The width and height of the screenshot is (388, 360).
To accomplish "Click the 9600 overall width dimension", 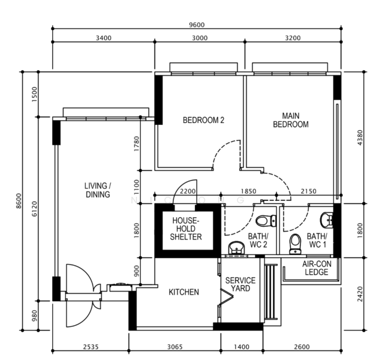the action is pyautogui.click(x=197, y=25).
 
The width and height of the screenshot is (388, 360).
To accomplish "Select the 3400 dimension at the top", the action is pyautogui.click(x=104, y=38).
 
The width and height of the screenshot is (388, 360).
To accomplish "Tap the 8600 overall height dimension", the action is pyautogui.click(x=19, y=201).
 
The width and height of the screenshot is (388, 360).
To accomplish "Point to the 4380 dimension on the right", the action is pyautogui.click(x=360, y=137).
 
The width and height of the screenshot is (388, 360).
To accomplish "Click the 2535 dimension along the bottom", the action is pyautogui.click(x=91, y=347).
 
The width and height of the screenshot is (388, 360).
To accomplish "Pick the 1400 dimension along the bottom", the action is pyautogui.click(x=242, y=347).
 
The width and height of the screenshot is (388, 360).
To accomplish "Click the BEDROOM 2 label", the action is pyautogui.click(x=203, y=120).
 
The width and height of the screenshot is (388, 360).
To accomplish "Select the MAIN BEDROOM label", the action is pyautogui.click(x=291, y=120).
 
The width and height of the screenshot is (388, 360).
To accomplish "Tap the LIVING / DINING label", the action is pyautogui.click(x=98, y=190).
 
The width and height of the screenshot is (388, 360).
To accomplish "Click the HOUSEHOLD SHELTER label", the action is pyautogui.click(x=186, y=229).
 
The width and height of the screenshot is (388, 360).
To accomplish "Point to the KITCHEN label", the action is pyautogui.click(x=184, y=292).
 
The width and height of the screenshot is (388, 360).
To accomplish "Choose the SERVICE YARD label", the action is pyautogui.click(x=240, y=284).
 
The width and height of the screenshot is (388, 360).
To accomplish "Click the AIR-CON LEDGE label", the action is pyautogui.click(x=317, y=268).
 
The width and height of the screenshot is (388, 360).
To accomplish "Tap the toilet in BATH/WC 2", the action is pyautogui.click(x=266, y=220).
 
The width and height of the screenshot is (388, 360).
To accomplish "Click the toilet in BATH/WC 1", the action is pyautogui.click(x=295, y=244).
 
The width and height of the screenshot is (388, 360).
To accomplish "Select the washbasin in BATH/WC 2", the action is pyautogui.click(x=236, y=248).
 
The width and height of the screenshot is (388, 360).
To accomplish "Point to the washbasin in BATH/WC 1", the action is pyautogui.click(x=327, y=220).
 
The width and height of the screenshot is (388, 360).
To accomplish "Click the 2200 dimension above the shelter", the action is pyautogui.click(x=188, y=191).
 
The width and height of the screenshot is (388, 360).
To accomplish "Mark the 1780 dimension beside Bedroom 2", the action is pyautogui.click(x=136, y=144).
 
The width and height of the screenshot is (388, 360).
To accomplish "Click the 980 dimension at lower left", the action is pyautogui.click(x=34, y=316).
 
